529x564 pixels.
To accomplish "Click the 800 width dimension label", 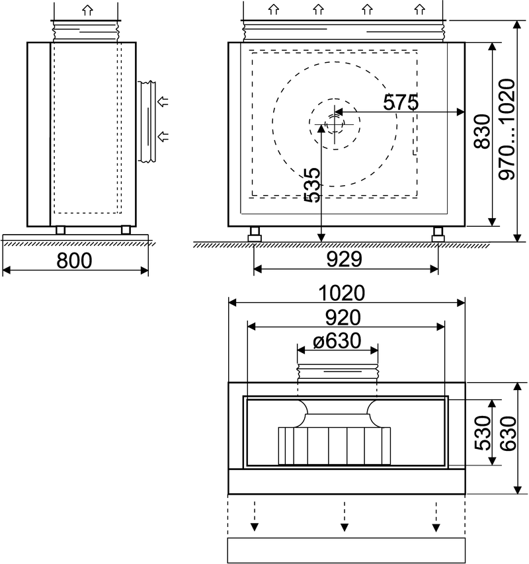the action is point(75,261).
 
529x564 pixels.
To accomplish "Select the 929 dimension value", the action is point(344,259).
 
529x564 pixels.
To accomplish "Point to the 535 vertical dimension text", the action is point(312,185).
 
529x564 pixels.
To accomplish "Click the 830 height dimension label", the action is point(482,132).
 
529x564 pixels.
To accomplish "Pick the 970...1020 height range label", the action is point(507,129).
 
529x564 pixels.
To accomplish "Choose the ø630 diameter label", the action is point(337,341).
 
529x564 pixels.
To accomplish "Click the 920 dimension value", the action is point(343,317).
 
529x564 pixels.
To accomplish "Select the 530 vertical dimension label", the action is point(483,433).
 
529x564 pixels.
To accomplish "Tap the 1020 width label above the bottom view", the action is point(342,293).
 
